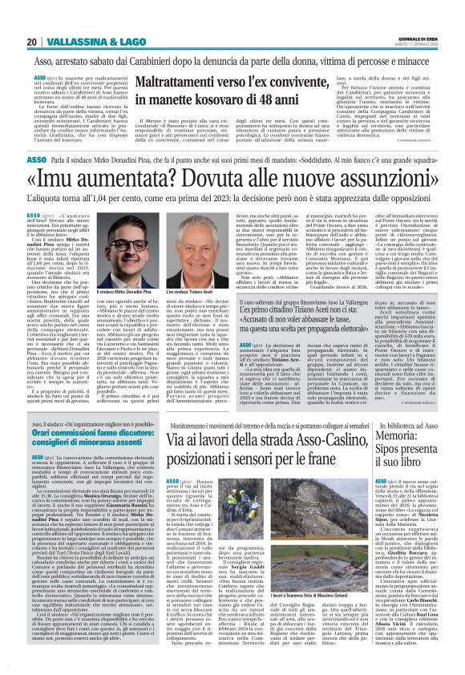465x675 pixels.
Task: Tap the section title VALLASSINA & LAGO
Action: click(x=93, y=42)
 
